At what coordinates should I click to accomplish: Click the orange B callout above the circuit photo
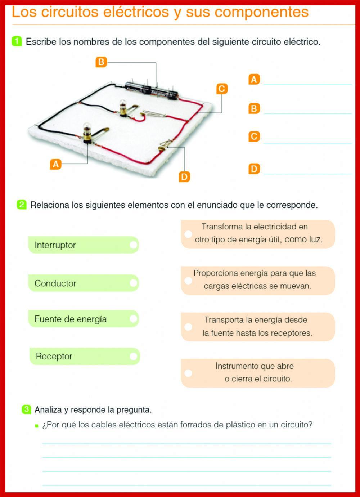101,62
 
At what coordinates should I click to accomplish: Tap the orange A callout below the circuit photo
55,164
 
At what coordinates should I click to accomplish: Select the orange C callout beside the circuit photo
222,89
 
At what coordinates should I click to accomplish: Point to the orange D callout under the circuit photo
184,176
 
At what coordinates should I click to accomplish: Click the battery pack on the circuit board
152,89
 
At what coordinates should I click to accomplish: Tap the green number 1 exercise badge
17,41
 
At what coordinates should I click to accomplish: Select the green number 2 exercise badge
21,205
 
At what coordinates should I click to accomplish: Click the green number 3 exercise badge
26,409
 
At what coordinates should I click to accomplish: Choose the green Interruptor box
83,245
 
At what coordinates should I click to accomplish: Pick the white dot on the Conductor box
133,283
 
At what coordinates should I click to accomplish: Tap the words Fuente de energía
71,319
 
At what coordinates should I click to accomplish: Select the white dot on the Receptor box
133,356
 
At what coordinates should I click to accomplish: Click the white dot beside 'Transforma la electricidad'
188,234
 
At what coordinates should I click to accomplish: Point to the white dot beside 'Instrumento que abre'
188,373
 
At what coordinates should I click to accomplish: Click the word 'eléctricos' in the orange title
136,12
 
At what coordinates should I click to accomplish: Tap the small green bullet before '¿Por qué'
36,426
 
